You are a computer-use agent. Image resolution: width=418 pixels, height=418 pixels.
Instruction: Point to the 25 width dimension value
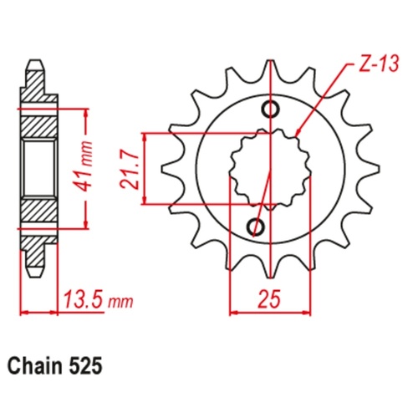[268, 297]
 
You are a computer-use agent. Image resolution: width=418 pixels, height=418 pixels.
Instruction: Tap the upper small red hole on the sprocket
[268, 109]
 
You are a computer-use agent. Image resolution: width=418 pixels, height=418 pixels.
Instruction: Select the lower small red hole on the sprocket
[256, 227]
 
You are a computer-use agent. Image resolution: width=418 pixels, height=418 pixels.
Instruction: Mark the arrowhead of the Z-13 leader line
[298, 134]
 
